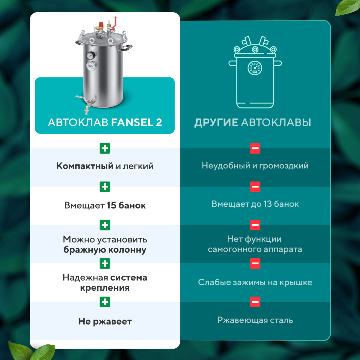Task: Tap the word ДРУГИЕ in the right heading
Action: pos(216,122)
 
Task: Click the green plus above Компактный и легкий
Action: pos(105,148)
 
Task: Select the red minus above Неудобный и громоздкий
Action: pos(255,148)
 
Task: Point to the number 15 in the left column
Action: pos(111,205)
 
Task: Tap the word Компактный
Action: pos(85,166)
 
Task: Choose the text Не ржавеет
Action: pos(105,322)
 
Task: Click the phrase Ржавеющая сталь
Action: pos(255,320)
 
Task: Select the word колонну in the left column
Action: pos(127,250)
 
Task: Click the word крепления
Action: pos(105,288)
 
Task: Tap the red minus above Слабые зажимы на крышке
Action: pos(255,263)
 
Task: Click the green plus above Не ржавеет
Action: pos(105,302)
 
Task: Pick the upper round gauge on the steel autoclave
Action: pos(90,55)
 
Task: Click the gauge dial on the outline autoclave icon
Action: pos(255,68)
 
